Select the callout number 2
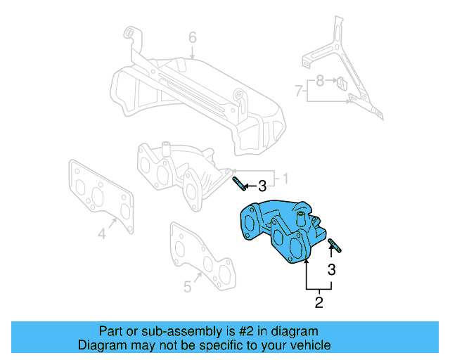(x=319, y=303)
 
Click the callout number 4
(x=102, y=235)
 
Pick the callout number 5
(x=187, y=286)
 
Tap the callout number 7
(x=299, y=91)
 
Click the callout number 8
(x=320, y=81)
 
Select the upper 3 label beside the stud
(x=262, y=186)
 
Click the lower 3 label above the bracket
(x=331, y=269)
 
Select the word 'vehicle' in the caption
(x=308, y=345)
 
